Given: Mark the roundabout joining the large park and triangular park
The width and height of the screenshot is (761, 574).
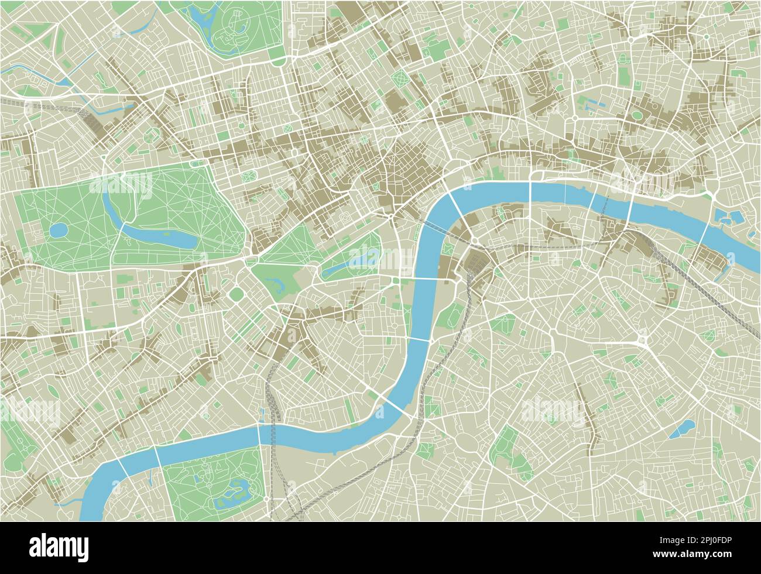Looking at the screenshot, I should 251,257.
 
